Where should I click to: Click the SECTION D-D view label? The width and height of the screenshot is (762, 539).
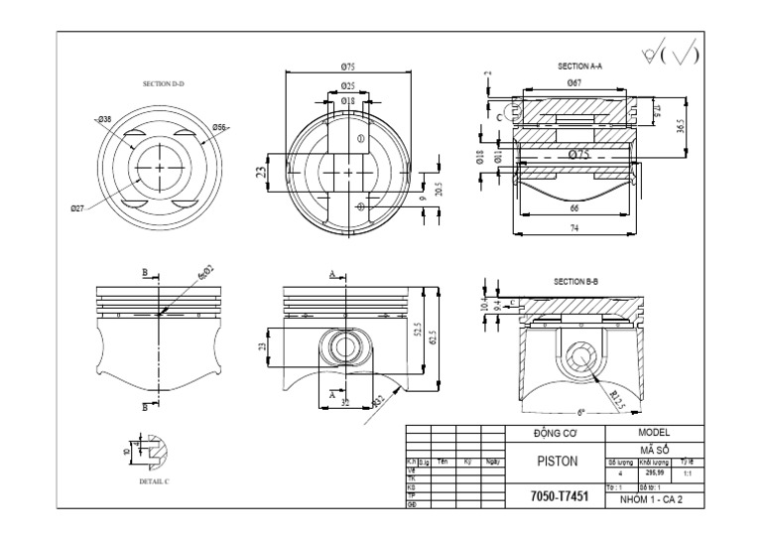point(165,84)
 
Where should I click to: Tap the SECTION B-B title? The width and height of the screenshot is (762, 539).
point(576,281)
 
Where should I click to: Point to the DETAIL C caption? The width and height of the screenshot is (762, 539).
point(155,480)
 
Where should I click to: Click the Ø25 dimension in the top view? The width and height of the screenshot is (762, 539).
point(348,86)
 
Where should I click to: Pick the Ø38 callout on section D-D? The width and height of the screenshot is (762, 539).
point(104,119)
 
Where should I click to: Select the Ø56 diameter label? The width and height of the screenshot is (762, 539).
point(220,127)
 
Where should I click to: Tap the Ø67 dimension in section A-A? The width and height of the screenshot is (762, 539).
point(574,82)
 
